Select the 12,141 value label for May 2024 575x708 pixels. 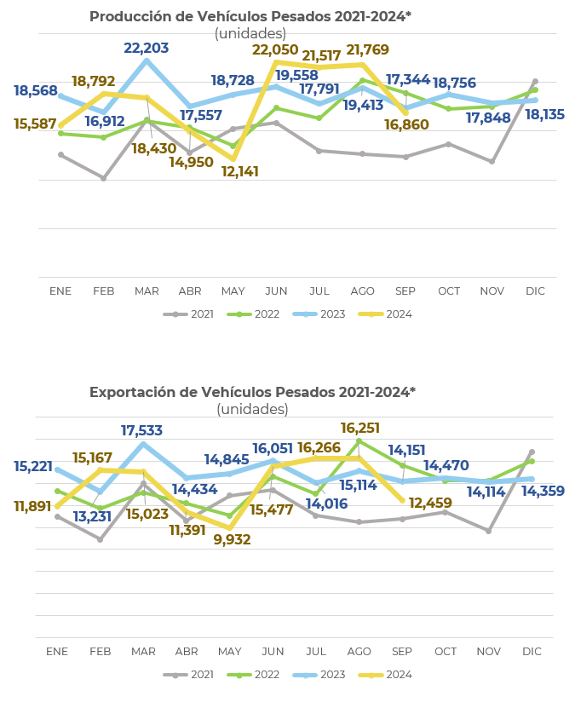[239, 171]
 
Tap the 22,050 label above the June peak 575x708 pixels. [274, 50]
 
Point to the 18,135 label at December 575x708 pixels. [544, 114]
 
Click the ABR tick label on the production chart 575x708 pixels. [190, 291]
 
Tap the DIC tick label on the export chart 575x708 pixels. [532, 652]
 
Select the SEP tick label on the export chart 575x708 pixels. [402, 652]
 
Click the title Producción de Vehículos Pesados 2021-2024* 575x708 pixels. [250, 16]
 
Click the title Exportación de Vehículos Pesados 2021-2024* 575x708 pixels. [252, 392]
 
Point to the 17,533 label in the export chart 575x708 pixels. [141, 431]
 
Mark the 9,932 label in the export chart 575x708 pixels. [233, 539]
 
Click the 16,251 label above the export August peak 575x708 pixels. [360, 428]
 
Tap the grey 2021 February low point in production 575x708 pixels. [103, 178]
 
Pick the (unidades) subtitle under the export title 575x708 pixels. [252, 409]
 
